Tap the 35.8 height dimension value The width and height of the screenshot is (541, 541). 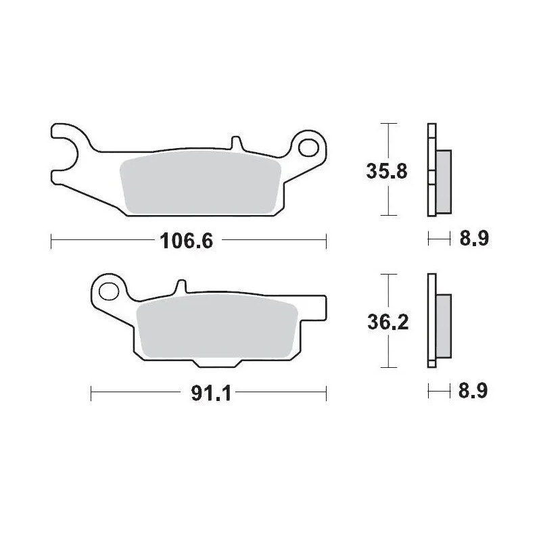387,170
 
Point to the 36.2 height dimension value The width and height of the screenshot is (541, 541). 387,323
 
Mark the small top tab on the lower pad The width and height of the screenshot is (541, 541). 181,287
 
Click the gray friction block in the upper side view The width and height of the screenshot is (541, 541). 444,179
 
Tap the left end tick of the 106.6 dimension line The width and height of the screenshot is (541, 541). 51,240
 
